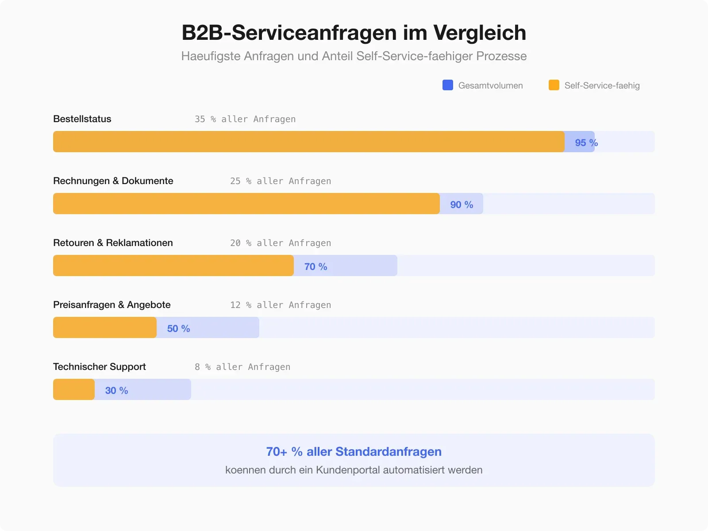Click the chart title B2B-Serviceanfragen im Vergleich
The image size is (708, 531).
click(x=354, y=33)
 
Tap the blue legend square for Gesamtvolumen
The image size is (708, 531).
click(x=448, y=85)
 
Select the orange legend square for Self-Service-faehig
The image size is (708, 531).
click(x=554, y=85)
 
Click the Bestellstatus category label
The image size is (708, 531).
click(x=82, y=119)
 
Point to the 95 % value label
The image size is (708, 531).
click(x=586, y=142)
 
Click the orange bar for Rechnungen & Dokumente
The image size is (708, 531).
click(x=246, y=204)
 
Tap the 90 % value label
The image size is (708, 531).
click(x=462, y=204)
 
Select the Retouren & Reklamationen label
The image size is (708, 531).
click(x=113, y=243)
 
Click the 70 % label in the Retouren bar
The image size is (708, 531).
click(x=316, y=266)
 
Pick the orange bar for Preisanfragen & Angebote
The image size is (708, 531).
click(x=105, y=327)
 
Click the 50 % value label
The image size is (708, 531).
click(x=178, y=328)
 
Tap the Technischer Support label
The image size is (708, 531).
click(x=100, y=367)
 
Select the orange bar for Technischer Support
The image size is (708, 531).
click(x=74, y=389)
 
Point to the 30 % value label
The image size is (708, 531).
click(x=116, y=390)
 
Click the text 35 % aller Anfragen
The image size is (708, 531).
click(x=245, y=119)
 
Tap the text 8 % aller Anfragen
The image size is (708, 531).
click(x=242, y=367)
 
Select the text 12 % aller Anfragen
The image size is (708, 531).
click(x=281, y=305)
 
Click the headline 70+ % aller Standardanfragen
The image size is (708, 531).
click(x=354, y=451)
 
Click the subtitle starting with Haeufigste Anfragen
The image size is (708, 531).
click(x=354, y=56)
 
